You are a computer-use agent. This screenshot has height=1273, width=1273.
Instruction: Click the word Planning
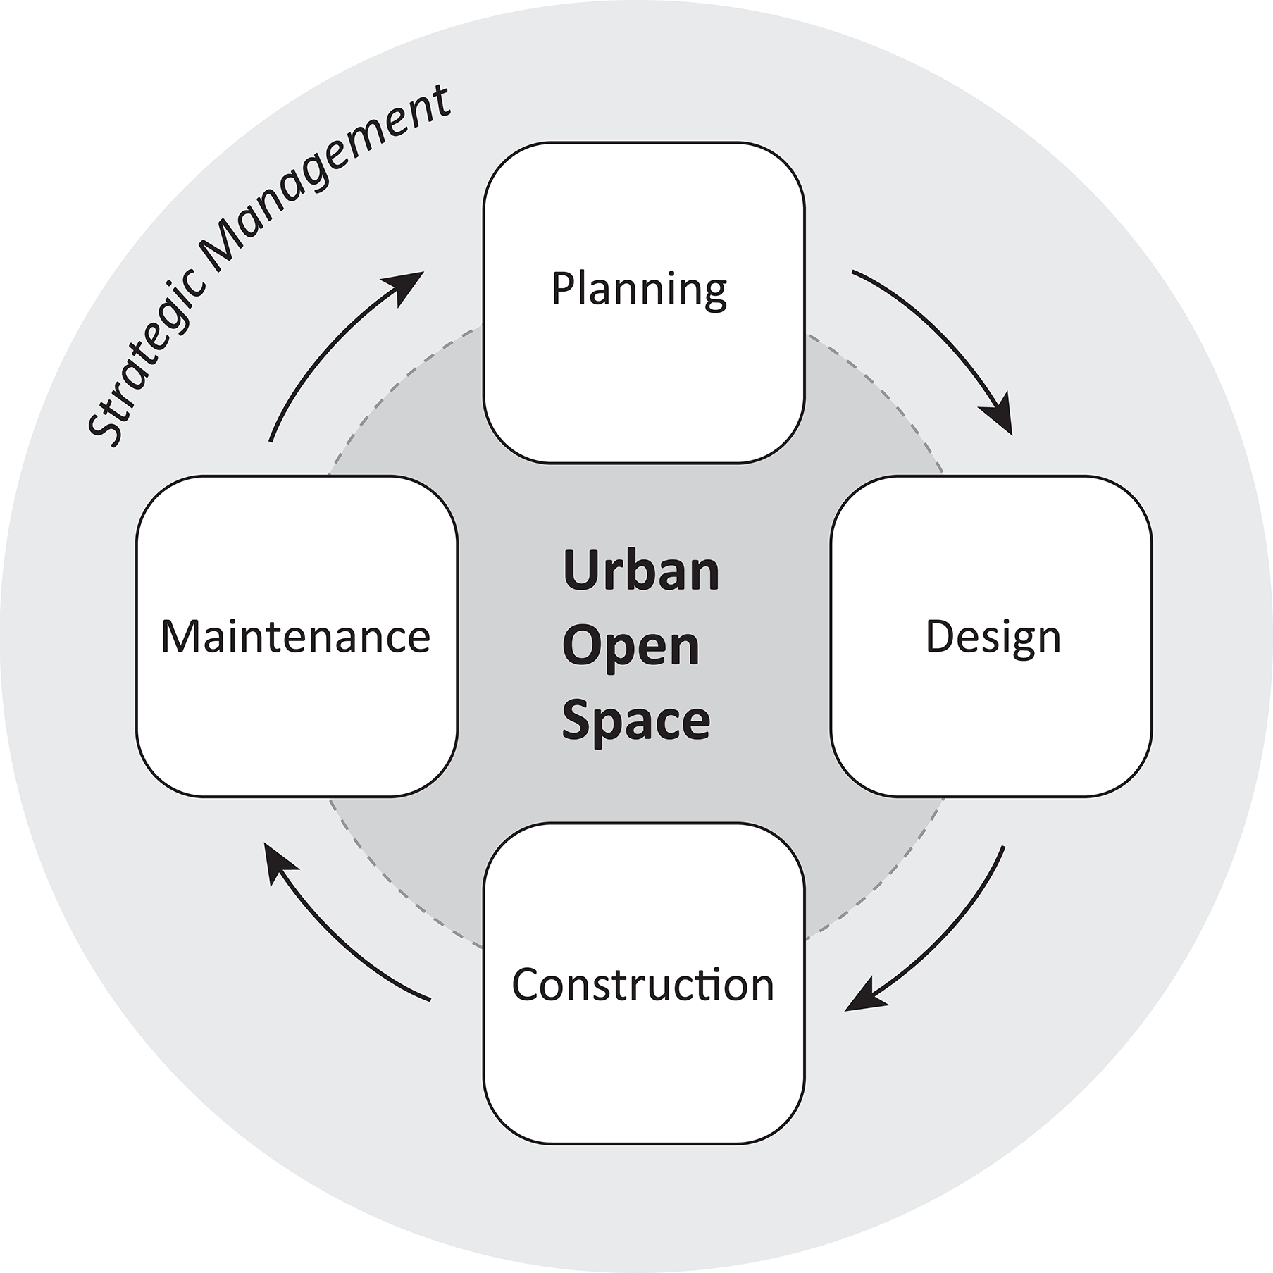[638, 290]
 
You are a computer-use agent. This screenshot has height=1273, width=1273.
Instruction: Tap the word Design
[992, 638]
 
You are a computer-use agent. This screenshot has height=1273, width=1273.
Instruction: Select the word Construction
[642, 984]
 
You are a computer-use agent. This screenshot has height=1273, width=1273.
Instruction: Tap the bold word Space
[635, 721]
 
